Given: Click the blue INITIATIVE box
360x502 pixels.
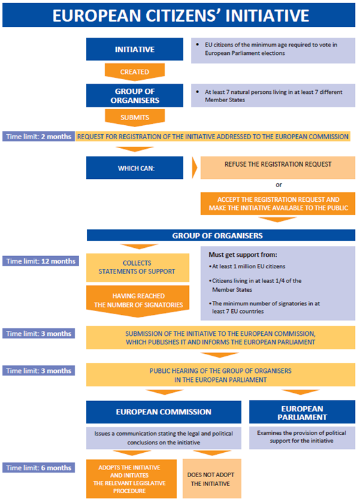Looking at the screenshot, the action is click(x=135, y=49).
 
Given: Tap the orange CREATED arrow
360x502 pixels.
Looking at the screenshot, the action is click(x=135, y=72).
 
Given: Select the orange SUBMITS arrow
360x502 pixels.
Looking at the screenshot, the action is click(x=135, y=117).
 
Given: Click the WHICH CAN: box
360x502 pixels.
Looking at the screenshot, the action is click(x=135, y=168).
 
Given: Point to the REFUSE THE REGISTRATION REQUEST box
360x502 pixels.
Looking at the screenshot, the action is click(x=278, y=167).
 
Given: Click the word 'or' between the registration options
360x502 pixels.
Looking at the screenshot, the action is click(x=279, y=185).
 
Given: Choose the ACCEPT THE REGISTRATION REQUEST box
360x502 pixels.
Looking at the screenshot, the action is click(x=278, y=204).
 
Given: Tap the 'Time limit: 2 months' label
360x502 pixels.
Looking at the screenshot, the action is click(x=39, y=137).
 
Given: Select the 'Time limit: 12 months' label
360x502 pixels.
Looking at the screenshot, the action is click(x=41, y=261).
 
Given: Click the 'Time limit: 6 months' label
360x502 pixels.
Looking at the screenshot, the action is click(x=39, y=468).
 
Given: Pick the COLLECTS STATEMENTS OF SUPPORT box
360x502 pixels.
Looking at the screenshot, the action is click(x=138, y=268).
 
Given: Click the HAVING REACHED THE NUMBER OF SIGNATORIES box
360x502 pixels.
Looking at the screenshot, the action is click(x=138, y=301).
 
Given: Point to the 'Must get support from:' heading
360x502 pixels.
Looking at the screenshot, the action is click(x=243, y=255).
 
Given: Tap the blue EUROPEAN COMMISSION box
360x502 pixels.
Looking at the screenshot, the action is click(x=163, y=412).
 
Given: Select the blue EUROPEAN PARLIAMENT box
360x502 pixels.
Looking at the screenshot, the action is click(x=302, y=412).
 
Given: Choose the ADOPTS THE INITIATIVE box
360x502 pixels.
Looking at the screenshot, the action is click(x=131, y=478).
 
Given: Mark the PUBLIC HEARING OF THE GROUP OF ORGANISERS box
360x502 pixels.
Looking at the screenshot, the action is click(x=220, y=374).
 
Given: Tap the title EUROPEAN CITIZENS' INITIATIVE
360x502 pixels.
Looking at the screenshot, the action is click(x=181, y=15).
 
